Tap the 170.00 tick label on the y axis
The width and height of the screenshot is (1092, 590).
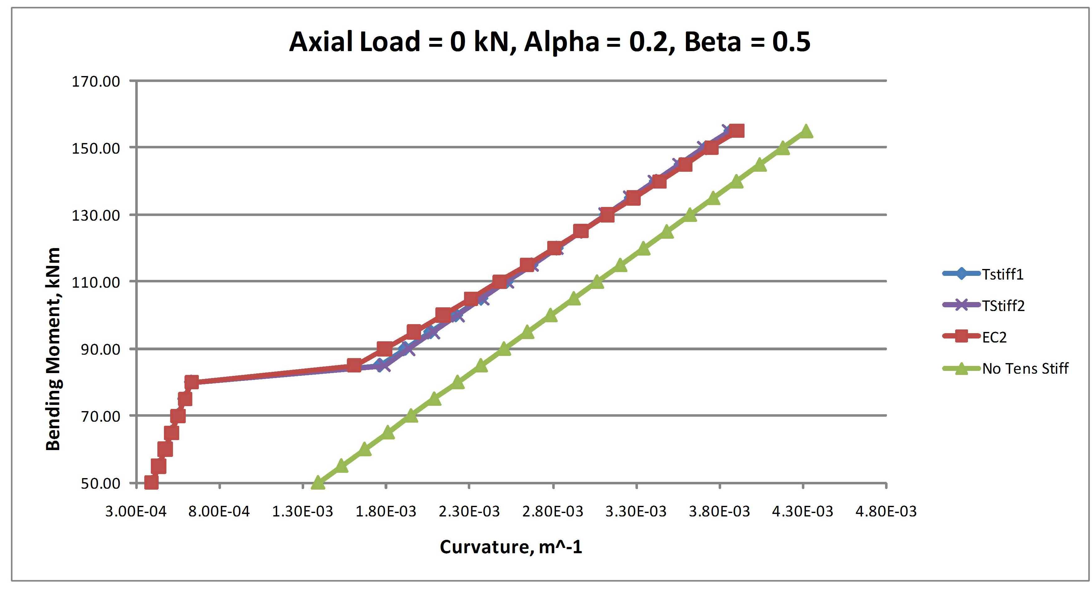96,81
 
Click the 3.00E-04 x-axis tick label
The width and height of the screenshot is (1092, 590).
136,511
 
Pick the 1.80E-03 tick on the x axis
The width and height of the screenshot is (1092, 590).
386,511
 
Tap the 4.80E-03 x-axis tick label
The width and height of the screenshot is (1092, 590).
886,511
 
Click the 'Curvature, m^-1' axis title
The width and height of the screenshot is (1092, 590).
511,547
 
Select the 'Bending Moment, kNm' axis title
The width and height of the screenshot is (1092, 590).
53,348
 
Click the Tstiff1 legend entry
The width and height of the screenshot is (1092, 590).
1003,274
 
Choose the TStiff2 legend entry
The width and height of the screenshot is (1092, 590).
1003,305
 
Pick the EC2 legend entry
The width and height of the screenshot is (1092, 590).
994,337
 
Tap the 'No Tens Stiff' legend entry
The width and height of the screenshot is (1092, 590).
1025,368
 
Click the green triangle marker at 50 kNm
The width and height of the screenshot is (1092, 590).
318,483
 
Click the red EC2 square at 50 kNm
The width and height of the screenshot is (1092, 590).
151,483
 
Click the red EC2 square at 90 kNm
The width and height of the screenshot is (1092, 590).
384,349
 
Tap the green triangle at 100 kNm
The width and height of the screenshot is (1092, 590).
551,315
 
